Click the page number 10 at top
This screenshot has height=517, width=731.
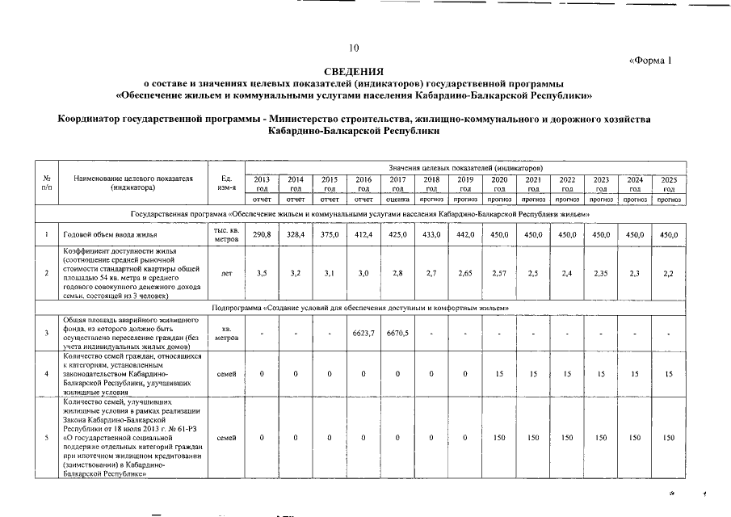[354, 48]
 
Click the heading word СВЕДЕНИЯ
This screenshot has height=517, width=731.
[354, 72]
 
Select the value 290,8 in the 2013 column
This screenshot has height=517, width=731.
[262, 234]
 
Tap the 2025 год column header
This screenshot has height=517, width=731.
[669, 183]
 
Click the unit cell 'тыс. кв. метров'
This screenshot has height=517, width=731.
[226, 234]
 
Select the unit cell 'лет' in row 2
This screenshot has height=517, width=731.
[226, 274]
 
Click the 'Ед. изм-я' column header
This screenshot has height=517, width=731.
[226, 183]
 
